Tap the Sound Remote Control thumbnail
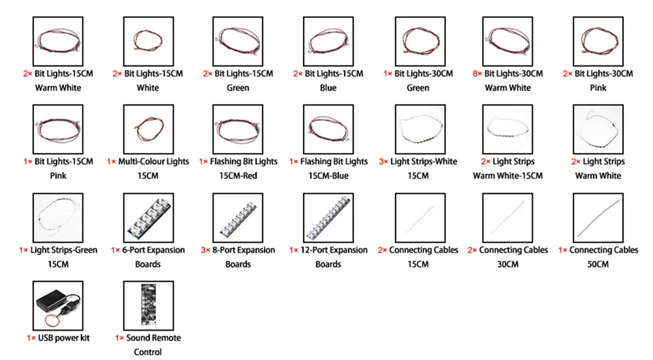tap(148, 304)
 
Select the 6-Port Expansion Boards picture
tap(148, 216)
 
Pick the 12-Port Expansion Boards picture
tap(328, 216)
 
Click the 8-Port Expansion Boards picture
tap(238, 216)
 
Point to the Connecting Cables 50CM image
tap(598, 216)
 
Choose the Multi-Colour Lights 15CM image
tap(148, 128)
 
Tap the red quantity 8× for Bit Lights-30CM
tap(477, 74)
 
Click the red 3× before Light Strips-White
tap(384, 161)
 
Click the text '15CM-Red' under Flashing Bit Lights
tap(238, 176)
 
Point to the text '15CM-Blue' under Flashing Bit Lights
tap(328, 176)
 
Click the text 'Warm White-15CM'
tap(508, 176)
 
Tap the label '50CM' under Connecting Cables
tap(598, 264)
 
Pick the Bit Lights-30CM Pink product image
tap(598, 40)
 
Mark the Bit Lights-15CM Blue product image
tap(328, 40)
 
